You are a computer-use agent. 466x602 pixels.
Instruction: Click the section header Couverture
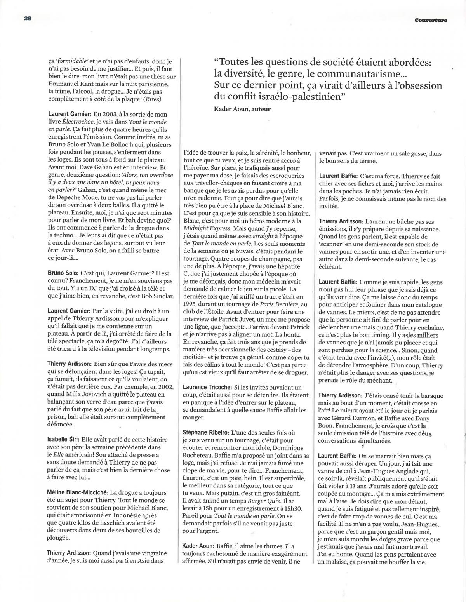coord(430,21)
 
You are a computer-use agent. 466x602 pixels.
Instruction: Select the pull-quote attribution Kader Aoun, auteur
coord(242,109)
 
